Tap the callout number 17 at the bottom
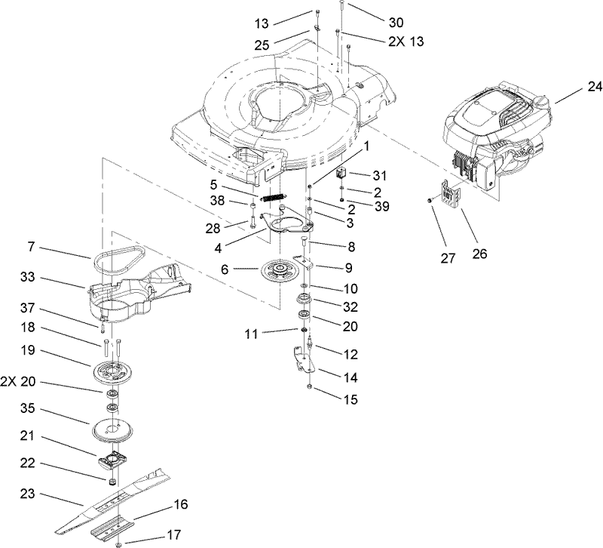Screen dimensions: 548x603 [174, 535]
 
